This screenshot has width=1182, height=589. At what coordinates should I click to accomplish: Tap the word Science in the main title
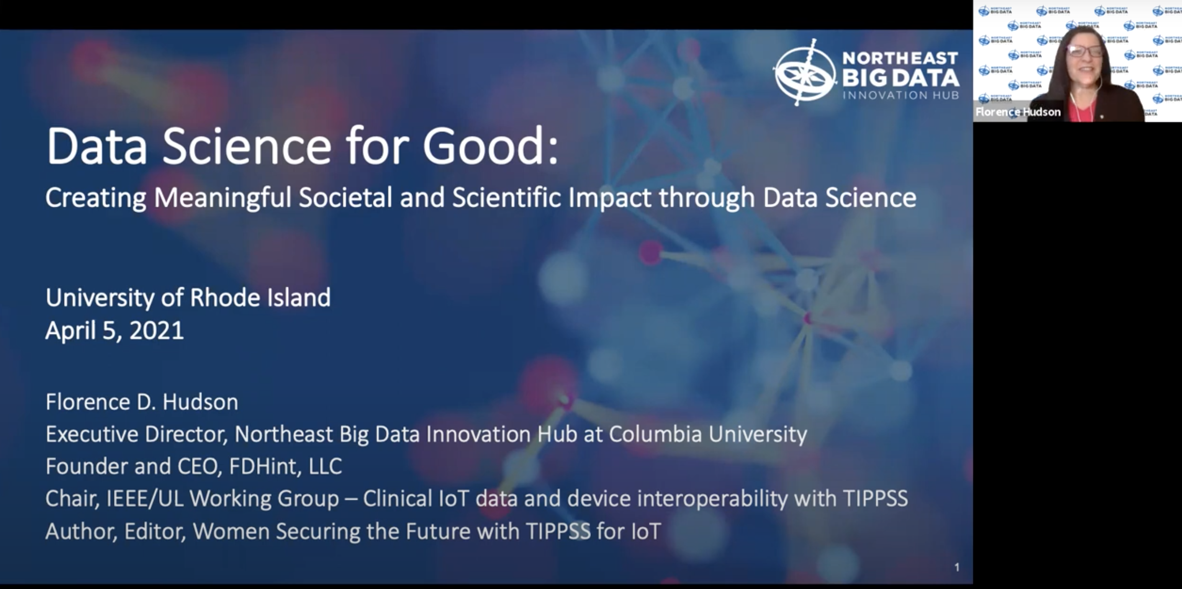[247, 146]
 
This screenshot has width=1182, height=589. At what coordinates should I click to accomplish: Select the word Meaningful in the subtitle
[223, 198]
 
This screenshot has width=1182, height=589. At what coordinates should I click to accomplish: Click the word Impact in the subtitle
[610, 198]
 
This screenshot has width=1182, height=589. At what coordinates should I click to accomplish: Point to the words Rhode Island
[260, 298]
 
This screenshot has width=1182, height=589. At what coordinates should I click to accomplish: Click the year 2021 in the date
[157, 331]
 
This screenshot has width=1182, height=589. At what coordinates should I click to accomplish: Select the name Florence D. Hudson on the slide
[142, 402]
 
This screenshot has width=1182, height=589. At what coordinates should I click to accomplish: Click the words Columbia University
[708, 434]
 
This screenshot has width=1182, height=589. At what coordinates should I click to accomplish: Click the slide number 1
[957, 567]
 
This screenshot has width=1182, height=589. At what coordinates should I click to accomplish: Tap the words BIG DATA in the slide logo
[900, 77]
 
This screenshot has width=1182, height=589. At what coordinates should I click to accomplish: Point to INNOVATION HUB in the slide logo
[901, 95]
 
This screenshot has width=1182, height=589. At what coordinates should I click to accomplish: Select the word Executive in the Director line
[92, 434]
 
